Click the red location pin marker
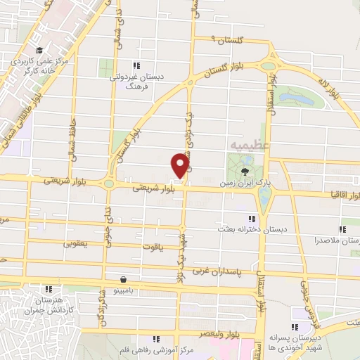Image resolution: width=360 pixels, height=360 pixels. pyautogui.click(x=179, y=165)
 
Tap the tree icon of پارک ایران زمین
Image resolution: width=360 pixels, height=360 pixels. pyautogui.click(x=245, y=172)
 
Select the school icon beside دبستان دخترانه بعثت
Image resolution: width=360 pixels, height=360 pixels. pyautogui.click(x=253, y=218)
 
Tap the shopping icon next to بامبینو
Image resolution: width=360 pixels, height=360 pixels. pyautogui.click(x=124, y=278)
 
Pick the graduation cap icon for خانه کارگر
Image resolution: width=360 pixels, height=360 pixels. pyautogui.click(x=40, y=51)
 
